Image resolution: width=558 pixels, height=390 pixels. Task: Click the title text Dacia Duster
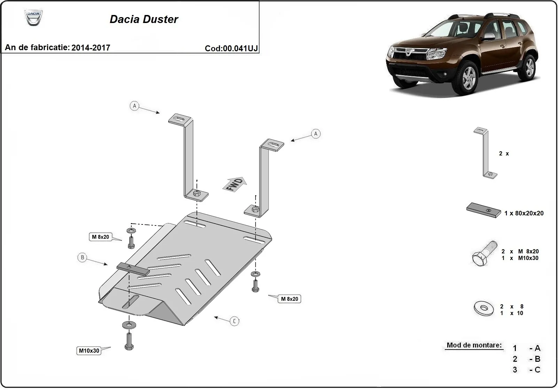pos(144,19)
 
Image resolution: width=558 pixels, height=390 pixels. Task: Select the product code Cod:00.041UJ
pos(231,48)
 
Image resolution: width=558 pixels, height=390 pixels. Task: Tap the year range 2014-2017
pos(91,48)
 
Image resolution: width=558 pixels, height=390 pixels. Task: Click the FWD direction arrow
pos(235,184)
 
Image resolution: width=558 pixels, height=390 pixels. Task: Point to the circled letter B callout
pos(82,258)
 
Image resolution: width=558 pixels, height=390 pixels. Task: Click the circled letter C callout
pos(234,321)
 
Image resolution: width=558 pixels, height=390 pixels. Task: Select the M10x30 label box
pos(89,351)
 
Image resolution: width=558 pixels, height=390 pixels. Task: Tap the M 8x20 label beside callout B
pos(100,237)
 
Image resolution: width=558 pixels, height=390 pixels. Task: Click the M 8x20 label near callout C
pos(289,299)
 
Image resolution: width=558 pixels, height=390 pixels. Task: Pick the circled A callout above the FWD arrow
pos(316,134)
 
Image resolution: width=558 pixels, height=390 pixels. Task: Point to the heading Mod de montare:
pos(474,345)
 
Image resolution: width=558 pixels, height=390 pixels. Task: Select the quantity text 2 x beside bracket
pos(504,154)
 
